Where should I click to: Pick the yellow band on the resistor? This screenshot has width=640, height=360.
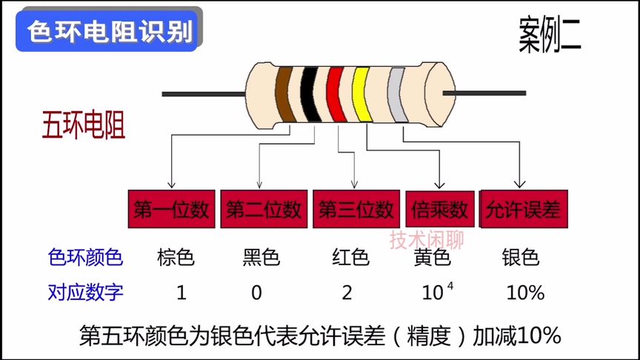[363, 95]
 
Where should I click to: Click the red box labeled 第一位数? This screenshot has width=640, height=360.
[171, 210]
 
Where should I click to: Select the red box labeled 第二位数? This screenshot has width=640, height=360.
[263, 210]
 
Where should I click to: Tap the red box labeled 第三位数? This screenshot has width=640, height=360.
[355, 210]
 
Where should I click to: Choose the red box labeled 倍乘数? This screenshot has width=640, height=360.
[440, 210]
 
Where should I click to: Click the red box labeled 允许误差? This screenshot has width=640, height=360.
[523, 210]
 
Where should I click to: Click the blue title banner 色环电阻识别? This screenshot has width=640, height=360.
[108, 32]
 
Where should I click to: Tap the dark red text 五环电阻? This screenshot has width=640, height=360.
[84, 125]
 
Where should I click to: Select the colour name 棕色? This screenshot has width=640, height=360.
[176, 258]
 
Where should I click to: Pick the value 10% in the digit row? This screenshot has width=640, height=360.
[525, 293]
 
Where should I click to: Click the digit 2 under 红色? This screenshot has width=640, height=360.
[347, 293]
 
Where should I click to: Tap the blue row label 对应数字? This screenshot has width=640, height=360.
[85, 293]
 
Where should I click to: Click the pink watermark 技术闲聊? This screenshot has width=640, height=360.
[427, 239]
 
